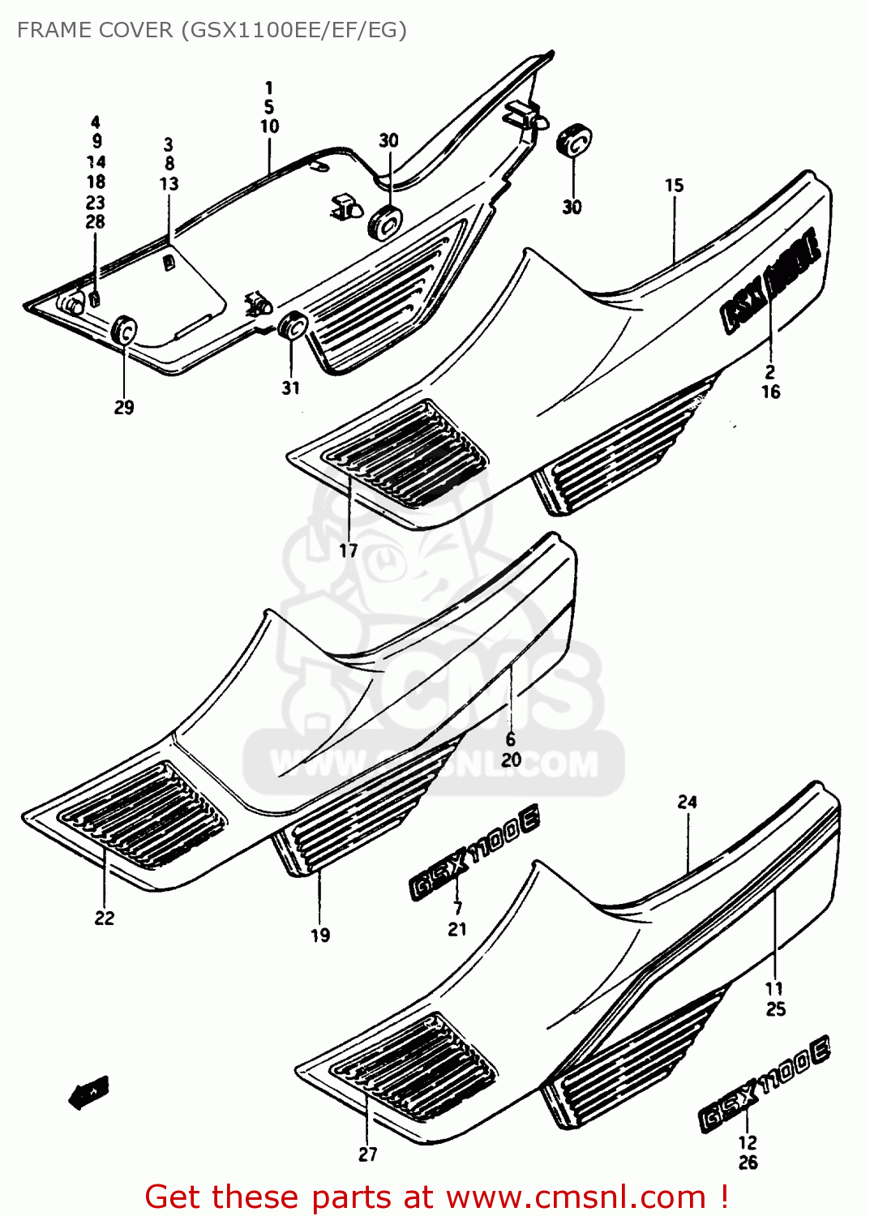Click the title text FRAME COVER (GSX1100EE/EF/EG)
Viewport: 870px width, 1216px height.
click(212, 30)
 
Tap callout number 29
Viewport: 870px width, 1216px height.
click(124, 407)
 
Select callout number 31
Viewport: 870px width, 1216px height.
click(291, 388)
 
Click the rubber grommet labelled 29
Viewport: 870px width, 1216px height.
click(125, 331)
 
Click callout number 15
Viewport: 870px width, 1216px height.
click(675, 186)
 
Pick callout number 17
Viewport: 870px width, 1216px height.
click(349, 551)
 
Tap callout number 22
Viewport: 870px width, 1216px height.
click(105, 918)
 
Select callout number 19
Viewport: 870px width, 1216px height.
click(320, 936)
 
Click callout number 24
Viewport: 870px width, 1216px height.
click(688, 802)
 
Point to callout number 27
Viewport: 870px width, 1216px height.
click(368, 1154)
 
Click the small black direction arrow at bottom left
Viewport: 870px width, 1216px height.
click(89, 1094)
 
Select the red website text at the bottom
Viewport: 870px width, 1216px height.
click(436, 1197)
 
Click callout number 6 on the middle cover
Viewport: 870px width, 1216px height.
click(511, 739)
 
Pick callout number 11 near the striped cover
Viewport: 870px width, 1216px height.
click(774, 988)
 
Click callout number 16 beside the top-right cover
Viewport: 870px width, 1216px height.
click(771, 392)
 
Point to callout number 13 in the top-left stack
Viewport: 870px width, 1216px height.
click(169, 184)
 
